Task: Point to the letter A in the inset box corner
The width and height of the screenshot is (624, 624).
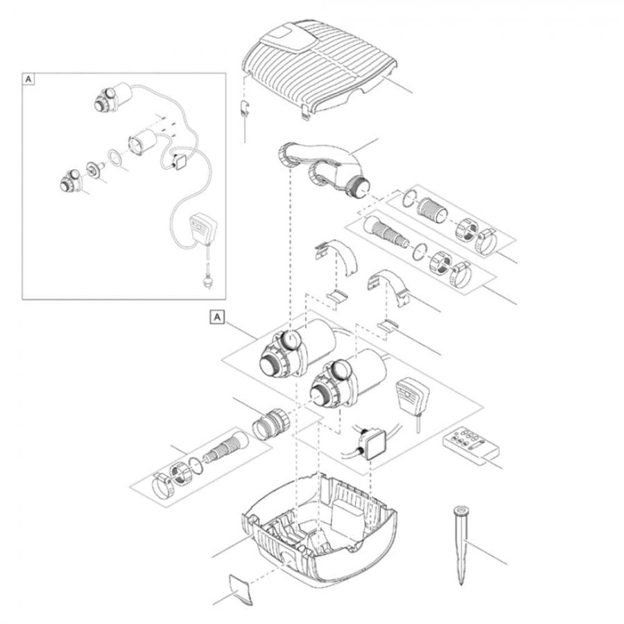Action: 28,80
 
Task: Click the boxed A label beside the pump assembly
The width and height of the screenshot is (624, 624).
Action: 217,317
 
